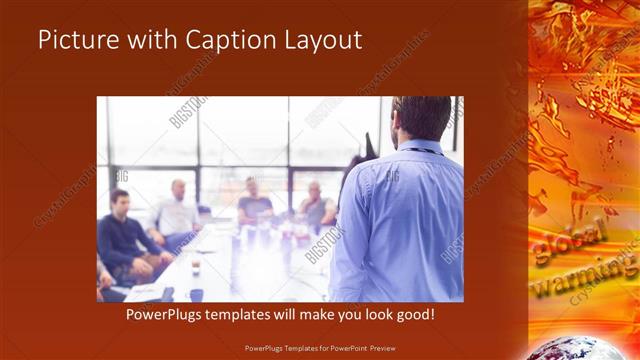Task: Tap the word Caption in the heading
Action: [x=228, y=41]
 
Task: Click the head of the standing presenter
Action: [x=421, y=117]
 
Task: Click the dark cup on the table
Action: [x=196, y=294]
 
